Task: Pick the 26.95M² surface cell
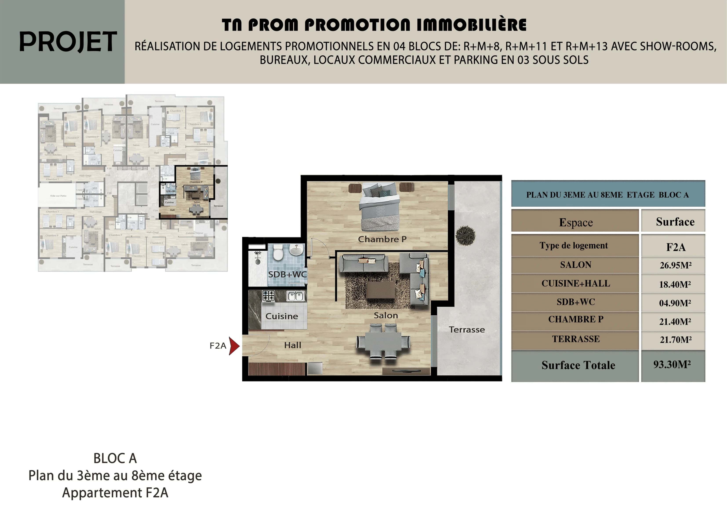(675, 265)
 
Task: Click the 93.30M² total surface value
(672, 365)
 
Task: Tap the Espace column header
(575, 222)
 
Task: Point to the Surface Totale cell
(578, 365)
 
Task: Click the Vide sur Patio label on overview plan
(58, 196)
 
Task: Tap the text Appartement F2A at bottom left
(115, 493)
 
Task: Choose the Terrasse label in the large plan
(466, 330)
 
